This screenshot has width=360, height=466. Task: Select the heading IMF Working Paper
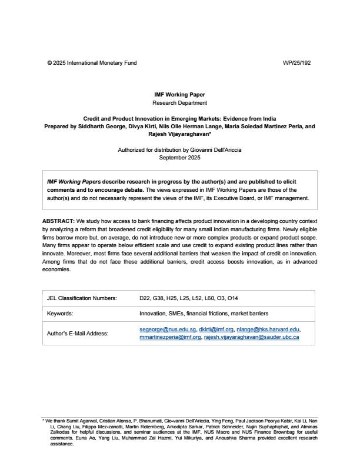(179, 94)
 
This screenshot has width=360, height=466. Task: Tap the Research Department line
(179, 102)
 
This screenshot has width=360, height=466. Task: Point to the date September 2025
(179, 158)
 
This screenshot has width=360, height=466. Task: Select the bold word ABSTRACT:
(58, 220)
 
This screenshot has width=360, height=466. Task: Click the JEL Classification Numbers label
(82, 298)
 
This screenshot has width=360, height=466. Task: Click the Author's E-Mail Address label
(78, 333)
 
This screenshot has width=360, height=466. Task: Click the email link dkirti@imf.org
(216, 329)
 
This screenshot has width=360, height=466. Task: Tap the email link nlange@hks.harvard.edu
(269, 329)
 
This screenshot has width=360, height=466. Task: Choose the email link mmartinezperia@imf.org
(170, 337)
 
